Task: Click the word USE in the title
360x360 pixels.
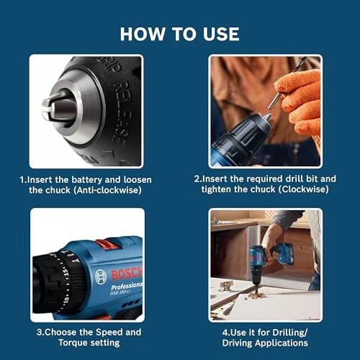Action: pyautogui.click(x=219, y=34)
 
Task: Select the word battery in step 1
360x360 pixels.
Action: pyautogui.click(x=93, y=179)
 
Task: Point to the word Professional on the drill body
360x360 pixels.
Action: pyautogui.click(x=127, y=286)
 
